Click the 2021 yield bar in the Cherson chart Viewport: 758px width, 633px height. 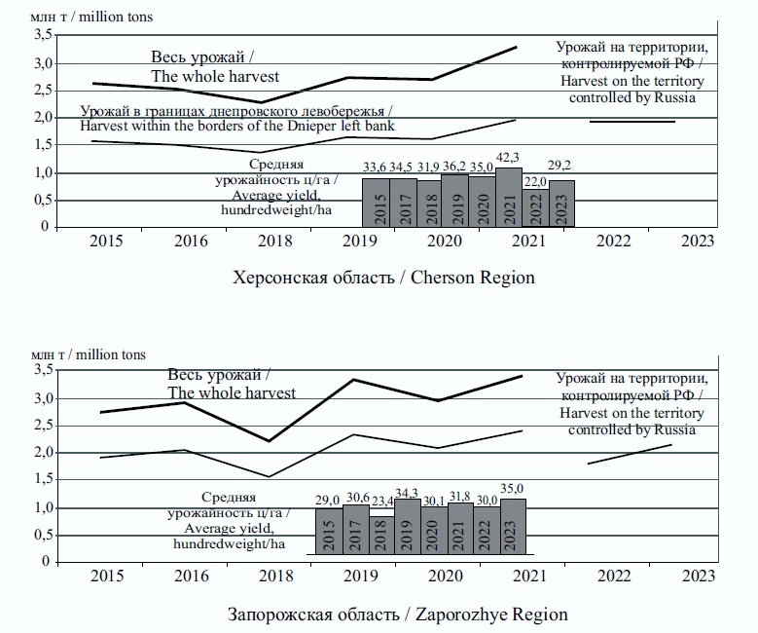(x=509, y=198)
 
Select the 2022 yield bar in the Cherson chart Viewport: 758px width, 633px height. (x=535, y=208)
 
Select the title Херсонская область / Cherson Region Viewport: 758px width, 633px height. (x=383, y=278)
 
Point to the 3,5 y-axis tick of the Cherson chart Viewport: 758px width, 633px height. (x=41, y=35)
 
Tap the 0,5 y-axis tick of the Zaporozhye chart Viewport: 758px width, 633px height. (x=41, y=535)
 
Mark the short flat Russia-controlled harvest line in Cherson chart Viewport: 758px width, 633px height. (x=632, y=122)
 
